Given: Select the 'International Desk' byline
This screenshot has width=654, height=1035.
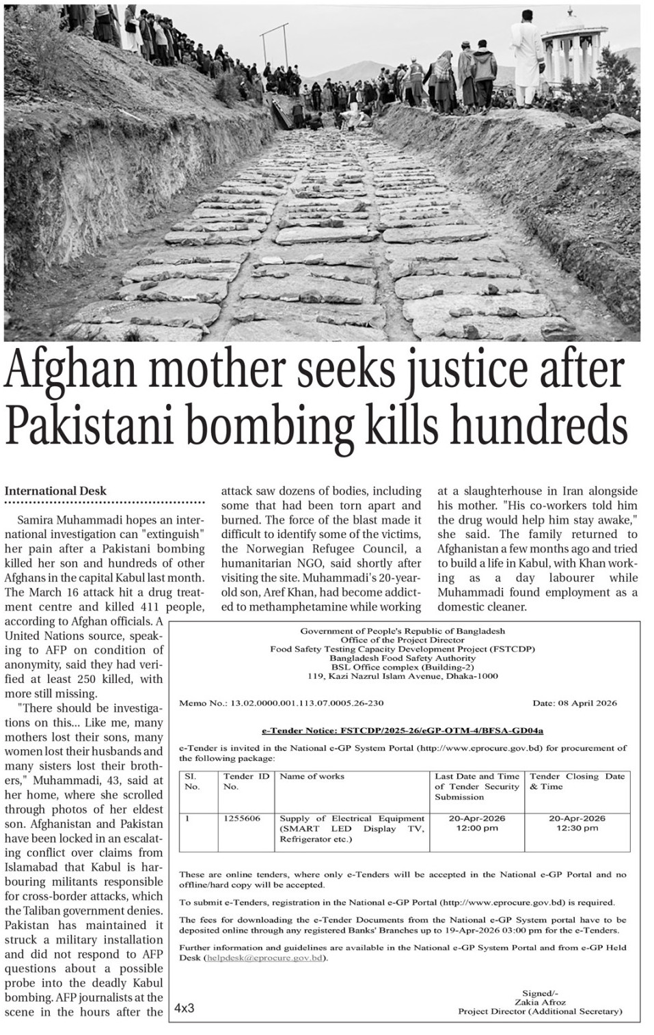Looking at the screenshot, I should tap(56, 491).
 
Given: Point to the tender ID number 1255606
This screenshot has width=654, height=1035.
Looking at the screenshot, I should tap(241, 818).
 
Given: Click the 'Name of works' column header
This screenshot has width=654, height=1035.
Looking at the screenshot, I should tap(312, 777).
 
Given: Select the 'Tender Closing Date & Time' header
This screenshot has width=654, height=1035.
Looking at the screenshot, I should tap(577, 781).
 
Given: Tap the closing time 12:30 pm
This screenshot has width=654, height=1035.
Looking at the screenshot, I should tap(577, 828).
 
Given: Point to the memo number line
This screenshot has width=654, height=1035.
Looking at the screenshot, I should tap(282, 703).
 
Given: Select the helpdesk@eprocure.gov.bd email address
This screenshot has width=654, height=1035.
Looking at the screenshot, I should tap(265, 958).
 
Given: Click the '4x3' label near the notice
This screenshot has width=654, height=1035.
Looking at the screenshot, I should tap(185, 1008).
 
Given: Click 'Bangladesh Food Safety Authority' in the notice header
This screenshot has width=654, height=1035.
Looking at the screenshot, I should tap(403, 658).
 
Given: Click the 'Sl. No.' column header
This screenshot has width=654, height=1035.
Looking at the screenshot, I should tap(193, 781).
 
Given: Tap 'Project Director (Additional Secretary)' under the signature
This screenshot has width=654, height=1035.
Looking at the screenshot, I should tap(540, 1011).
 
